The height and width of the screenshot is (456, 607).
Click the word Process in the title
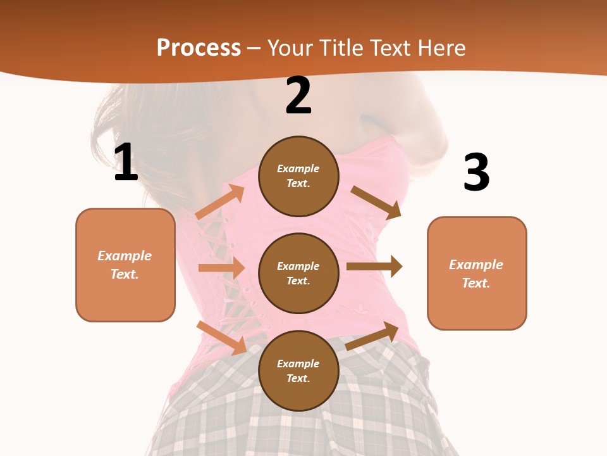pyautogui.click(x=199, y=48)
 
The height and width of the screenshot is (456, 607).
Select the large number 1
pyautogui.click(x=126, y=162)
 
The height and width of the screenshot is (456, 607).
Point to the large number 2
pyautogui.click(x=298, y=96)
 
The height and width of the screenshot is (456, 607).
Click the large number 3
pyautogui.click(x=476, y=173)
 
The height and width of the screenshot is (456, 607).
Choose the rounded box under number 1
pyautogui.click(x=125, y=265)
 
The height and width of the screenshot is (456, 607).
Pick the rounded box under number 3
pyautogui.click(x=477, y=273)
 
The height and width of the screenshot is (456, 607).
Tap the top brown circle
pyautogui.click(x=298, y=176)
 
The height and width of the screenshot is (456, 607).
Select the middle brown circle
pyautogui.click(x=298, y=273)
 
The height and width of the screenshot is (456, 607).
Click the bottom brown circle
pyautogui.click(x=298, y=370)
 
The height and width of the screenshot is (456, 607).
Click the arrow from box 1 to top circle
pyautogui.click(x=220, y=202)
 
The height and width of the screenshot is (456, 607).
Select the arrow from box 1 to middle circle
pyautogui.click(x=221, y=268)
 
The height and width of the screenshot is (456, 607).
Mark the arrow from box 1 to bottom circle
pyautogui.click(x=222, y=338)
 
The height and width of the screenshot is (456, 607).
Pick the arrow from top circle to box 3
pyautogui.click(x=376, y=202)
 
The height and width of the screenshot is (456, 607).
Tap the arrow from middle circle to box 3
pyautogui.click(x=374, y=267)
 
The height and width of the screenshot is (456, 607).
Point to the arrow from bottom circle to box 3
pyautogui.click(x=372, y=336)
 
